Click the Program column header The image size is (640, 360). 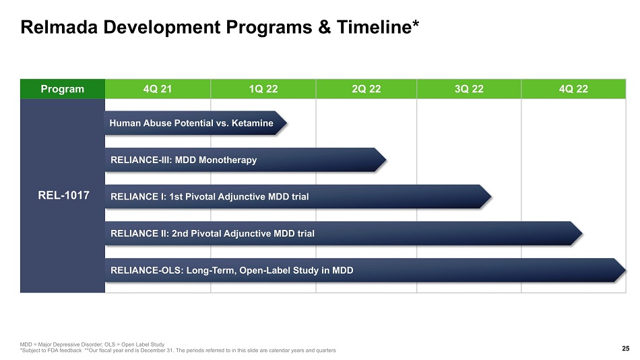(63, 89)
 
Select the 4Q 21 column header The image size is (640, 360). (158, 89)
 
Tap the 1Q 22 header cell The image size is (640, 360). (263, 89)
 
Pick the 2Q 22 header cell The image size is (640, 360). (366, 89)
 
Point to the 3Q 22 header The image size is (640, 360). (469, 89)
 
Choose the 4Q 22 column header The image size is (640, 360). (573, 89)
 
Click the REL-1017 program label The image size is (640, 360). (63, 196)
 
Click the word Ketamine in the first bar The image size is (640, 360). (252, 123)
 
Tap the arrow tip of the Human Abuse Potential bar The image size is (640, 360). (287, 123)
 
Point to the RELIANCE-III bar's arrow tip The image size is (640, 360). (386, 160)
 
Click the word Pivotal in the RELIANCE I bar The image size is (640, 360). (200, 197)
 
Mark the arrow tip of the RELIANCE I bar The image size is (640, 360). (491, 197)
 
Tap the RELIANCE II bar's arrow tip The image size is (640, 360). (582, 233)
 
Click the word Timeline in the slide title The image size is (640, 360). (375, 27)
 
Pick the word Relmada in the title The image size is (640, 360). (59, 27)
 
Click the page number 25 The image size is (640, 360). (626, 348)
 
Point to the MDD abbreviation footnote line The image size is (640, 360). (92, 344)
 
